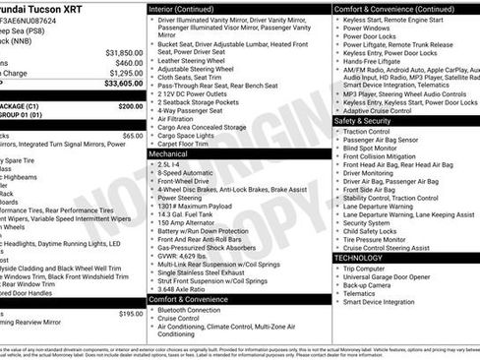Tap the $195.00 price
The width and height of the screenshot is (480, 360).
[x=131, y=314]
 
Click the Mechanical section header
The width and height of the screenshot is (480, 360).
[x=168, y=154]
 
